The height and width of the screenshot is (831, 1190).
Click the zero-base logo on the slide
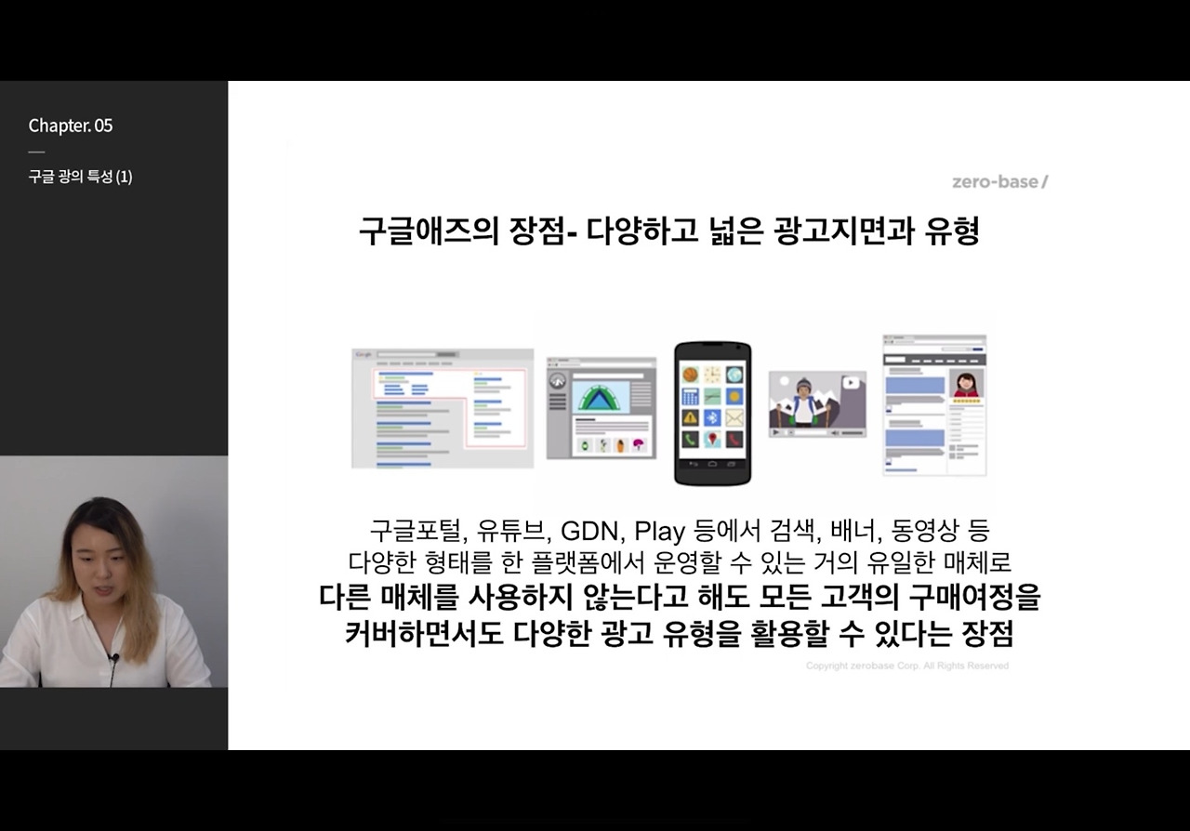[x=999, y=181]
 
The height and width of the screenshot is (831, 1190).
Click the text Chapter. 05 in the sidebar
[x=71, y=125]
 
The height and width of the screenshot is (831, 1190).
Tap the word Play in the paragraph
[x=659, y=532]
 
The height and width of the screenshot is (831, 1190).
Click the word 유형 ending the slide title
[x=952, y=231]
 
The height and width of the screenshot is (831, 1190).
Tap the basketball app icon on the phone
[x=691, y=374]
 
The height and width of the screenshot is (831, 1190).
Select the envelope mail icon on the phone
[x=734, y=418]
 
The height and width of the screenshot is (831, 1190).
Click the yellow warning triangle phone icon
[x=691, y=418]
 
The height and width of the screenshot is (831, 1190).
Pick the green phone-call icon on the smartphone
[x=691, y=440]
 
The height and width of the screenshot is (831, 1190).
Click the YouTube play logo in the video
[x=850, y=382]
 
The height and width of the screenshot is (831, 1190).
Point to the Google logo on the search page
[x=364, y=354]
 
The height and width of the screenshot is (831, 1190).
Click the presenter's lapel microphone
[x=114, y=659]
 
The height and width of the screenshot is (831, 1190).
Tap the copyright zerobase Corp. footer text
[x=906, y=666]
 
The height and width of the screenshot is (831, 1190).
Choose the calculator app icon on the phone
[x=691, y=396]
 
